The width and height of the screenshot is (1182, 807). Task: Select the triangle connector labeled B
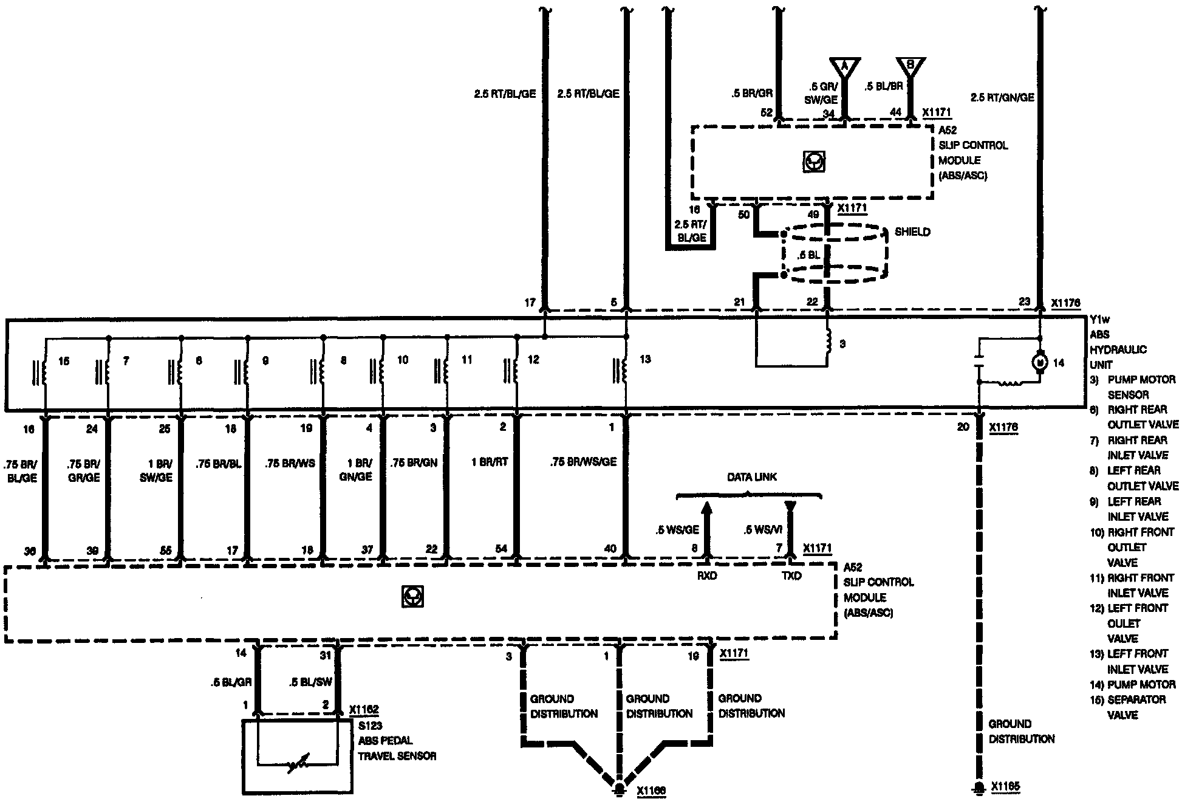tap(910, 66)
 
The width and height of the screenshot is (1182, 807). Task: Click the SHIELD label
tap(912, 232)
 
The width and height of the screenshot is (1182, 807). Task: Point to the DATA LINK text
tap(752, 478)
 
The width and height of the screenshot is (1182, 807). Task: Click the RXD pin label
tap(707, 575)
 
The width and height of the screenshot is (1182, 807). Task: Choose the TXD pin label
tap(790, 575)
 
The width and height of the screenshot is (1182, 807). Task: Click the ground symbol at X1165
tap(978, 788)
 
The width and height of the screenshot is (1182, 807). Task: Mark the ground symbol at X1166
tap(619, 789)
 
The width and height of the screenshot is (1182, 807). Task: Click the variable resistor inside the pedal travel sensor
tap(298, 763)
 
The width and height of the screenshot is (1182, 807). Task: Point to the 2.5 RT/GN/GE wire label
tap(1002, 97)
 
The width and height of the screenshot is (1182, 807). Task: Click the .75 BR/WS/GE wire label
tap(583, 462)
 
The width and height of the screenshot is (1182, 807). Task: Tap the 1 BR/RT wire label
tap(490, 462)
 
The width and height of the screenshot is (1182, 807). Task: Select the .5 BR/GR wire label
tap(752, 94)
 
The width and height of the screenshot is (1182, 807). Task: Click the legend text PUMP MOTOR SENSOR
tap(1132, 387)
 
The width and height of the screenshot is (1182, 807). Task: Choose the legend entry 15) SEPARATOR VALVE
tap(1127, 707)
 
